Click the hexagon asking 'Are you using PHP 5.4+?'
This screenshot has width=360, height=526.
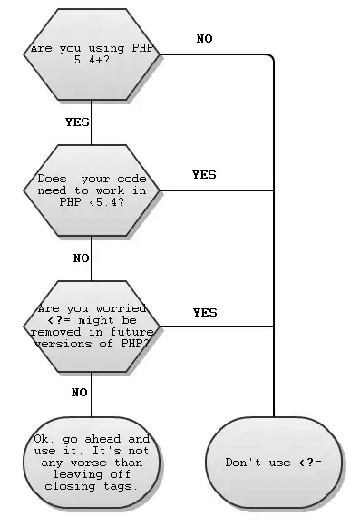point(92,54)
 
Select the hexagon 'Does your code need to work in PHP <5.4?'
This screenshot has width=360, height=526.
point(92,190)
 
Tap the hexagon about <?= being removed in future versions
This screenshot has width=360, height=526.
point(92,326)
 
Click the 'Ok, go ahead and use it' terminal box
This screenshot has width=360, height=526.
point(92,462)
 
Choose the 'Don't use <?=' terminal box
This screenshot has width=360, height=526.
point(273,463)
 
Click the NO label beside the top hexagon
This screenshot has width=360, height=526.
point(205,39)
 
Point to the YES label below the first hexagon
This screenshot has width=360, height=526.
point(77,121)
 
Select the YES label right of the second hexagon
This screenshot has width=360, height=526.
point(205,175)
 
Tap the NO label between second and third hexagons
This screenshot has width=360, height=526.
point(81,258)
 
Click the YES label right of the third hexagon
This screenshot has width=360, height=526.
point(205,313)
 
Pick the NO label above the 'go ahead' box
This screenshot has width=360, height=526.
point(79,393)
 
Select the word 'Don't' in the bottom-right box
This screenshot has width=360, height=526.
point(244,463)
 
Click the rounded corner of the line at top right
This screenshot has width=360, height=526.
point(269,58)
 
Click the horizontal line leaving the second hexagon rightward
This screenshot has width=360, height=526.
point(218,190)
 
